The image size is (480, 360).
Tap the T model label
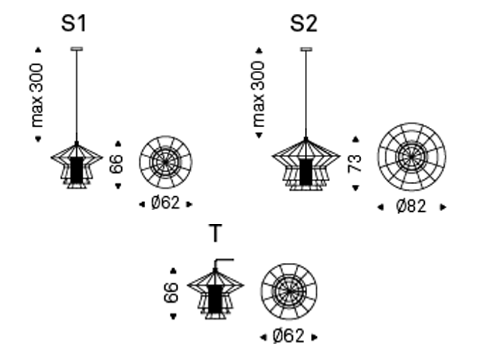pos(215,235)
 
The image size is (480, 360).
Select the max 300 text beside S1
pos(38,95)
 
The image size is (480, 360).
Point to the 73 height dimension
pos(356,163)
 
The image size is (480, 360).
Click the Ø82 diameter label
pos(411,206)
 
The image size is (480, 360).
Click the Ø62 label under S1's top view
pos(166,203)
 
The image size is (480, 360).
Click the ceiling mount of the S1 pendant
pos(76,48)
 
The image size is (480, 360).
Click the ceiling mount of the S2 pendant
pos(306,48)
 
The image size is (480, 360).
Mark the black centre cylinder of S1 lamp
pos(76,170)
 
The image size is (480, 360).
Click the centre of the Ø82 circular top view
pos(412,157)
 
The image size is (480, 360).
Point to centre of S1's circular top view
pos(165,161)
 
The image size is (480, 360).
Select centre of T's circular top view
pos(288,292)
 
